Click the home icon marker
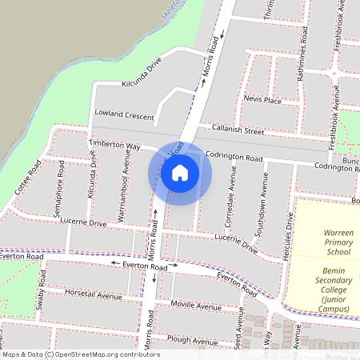[180, 172]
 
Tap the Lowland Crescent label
[124, 115]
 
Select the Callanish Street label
[238, 130]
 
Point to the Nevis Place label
[262, 100]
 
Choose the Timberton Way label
[114, 145]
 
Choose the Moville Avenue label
[196, 306]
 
